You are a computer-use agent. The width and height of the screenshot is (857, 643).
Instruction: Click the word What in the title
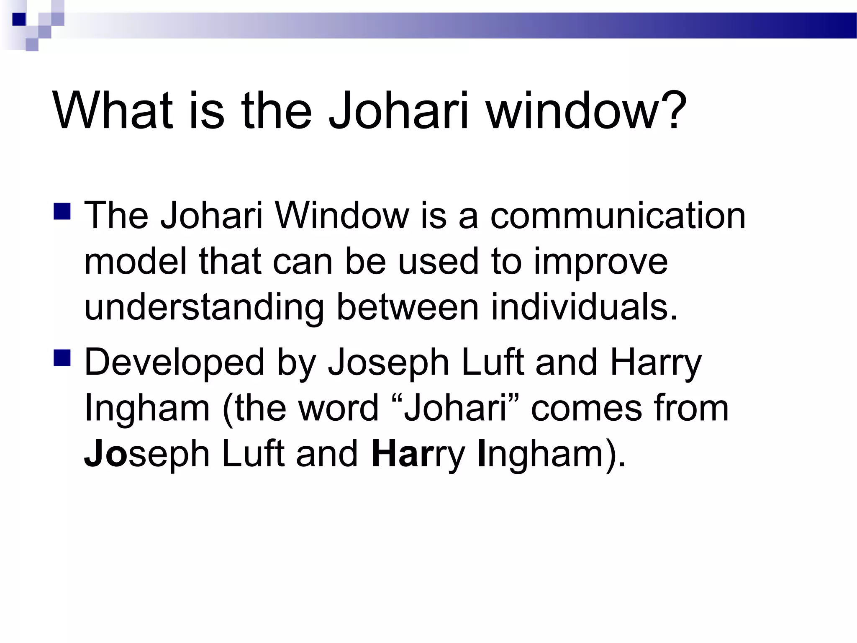113,111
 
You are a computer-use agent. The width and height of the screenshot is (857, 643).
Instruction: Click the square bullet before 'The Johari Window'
62,211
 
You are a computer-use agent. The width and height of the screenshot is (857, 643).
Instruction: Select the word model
136,262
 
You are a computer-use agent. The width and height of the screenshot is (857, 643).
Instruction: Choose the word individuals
584,308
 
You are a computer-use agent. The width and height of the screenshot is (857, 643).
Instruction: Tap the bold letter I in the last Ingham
481,454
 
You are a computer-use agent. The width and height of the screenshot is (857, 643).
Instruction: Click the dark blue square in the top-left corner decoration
18,19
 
